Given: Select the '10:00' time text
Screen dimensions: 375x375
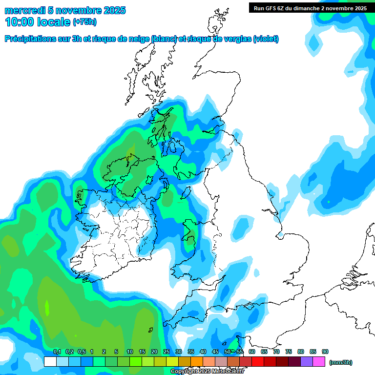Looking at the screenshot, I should click(19, 22).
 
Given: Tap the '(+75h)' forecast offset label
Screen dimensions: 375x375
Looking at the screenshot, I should click(84, 22).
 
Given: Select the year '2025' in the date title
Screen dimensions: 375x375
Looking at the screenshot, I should click(114, 10).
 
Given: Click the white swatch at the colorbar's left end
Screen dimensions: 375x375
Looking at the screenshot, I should click(50, 362).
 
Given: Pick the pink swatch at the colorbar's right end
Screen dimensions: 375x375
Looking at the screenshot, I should click(319, 362).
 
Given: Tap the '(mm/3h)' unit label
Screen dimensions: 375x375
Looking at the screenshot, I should click(341, 362).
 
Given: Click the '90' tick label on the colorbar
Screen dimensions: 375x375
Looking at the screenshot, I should click(325, 352).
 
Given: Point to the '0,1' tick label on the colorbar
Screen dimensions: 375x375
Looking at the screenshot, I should click(57, 352).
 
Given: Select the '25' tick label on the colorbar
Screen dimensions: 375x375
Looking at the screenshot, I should click(167, 352).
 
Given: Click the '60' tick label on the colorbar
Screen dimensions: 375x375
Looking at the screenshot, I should click(252, 352).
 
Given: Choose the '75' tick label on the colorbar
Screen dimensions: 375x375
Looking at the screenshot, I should click(289, 352).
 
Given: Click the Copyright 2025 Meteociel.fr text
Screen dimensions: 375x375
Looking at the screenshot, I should click(207, 372).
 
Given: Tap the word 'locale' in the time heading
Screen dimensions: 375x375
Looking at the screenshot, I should click(52, 22).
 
